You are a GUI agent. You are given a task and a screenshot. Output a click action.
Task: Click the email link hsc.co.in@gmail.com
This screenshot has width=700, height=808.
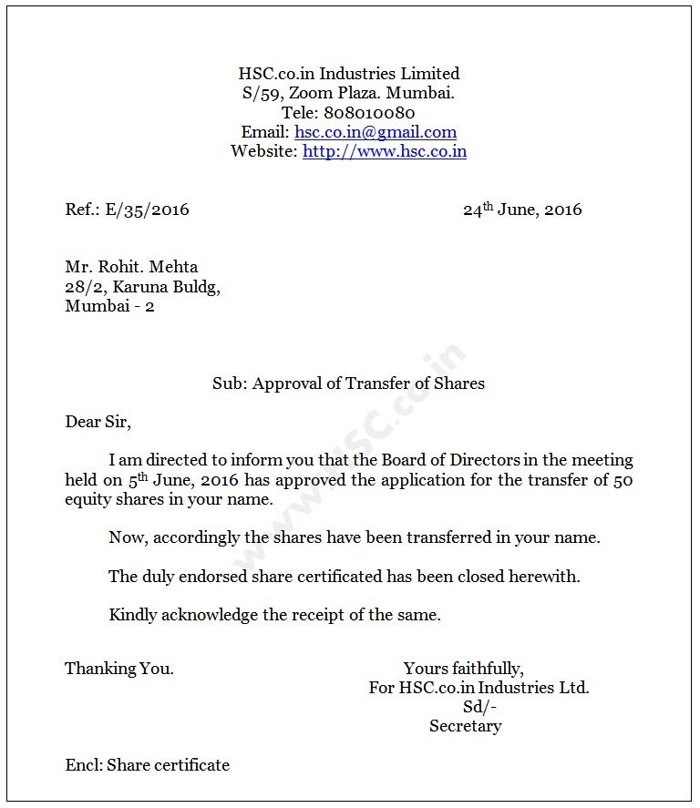click(x=376, y=132)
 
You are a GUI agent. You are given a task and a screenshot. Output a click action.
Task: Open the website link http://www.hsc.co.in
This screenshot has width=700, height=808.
click(x=385, y=151)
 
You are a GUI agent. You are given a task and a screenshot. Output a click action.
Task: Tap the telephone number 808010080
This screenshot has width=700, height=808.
click(x=369, y=113)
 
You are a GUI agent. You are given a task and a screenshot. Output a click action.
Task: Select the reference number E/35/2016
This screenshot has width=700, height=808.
click(x=148, y=210)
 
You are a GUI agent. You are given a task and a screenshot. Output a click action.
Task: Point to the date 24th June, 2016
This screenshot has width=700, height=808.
click(x=521, y=210)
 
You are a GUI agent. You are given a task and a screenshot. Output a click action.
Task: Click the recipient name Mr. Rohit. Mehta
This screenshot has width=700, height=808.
click(x=131, y=267)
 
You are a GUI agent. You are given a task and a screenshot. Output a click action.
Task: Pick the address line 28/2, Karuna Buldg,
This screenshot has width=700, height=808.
click(x=142, y=287)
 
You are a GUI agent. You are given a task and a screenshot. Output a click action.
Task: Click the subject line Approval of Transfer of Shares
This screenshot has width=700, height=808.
click(x=368, y=384)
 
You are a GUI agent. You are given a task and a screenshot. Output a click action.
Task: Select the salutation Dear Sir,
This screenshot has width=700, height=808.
click(x=98, y=422)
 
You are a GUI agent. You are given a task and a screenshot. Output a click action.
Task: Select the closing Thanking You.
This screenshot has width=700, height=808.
click(x=119, y=669)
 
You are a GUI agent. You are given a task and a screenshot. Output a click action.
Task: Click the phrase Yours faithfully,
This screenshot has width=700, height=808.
click(x=464, y=669)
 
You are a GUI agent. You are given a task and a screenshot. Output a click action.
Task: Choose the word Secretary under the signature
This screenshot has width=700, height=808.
click(x=466, y=726)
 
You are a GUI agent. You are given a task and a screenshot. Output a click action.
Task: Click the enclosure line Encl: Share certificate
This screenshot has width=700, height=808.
click(x=148, y=765)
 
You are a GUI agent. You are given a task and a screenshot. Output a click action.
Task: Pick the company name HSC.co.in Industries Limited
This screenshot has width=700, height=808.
click(x=349, y=74)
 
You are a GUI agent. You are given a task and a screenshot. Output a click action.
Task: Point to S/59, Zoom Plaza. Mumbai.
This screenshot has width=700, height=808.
click(x=348, y=93)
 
